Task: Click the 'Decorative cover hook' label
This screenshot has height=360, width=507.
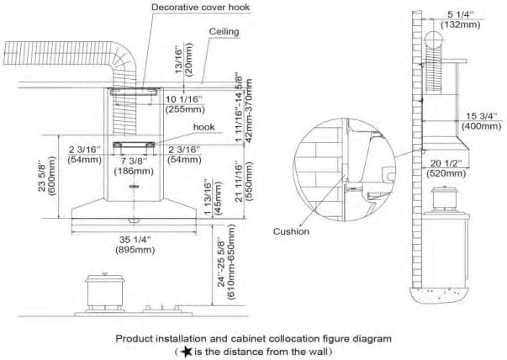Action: pyautogui.click(x=200, y=8)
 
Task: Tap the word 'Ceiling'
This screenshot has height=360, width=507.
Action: pyautogui.click(x=224, y=31)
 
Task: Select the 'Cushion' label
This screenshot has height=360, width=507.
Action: pyautogui.click(x=291, y=231)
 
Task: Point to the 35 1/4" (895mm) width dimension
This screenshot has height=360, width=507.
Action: pyautogui.click(x=135, y=245)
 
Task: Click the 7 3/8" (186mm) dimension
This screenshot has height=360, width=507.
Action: pyautogui.click(x=134, y=166)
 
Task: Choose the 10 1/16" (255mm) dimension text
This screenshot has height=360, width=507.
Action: pyautogui.click(x=185, y=104)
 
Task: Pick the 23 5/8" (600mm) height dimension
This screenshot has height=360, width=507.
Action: pyautogui.click(x=47, y=176)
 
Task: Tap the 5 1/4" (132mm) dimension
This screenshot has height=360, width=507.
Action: pyautogui.click(x=461, y=19)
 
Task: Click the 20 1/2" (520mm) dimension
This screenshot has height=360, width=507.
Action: pyautogui.click(x=446, y=168)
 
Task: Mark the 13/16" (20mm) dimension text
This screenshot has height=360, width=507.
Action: pyautogui.click(x=183, y=60)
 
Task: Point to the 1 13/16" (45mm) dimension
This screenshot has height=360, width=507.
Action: pyautogui.click(x=214, y=198)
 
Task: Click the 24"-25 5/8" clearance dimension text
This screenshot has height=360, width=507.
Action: pyautogui.click(x=225, y=262)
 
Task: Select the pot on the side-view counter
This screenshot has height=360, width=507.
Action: pyautogui.click(x=445, y=199)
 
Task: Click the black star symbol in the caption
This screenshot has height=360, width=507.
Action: pyautogui.click(x=187, y=352)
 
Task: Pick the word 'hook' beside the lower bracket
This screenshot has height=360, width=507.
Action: pyautogui.click(x=203, y=127)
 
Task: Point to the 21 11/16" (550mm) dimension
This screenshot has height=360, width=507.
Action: pyautogui.click(x=244, y=182)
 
